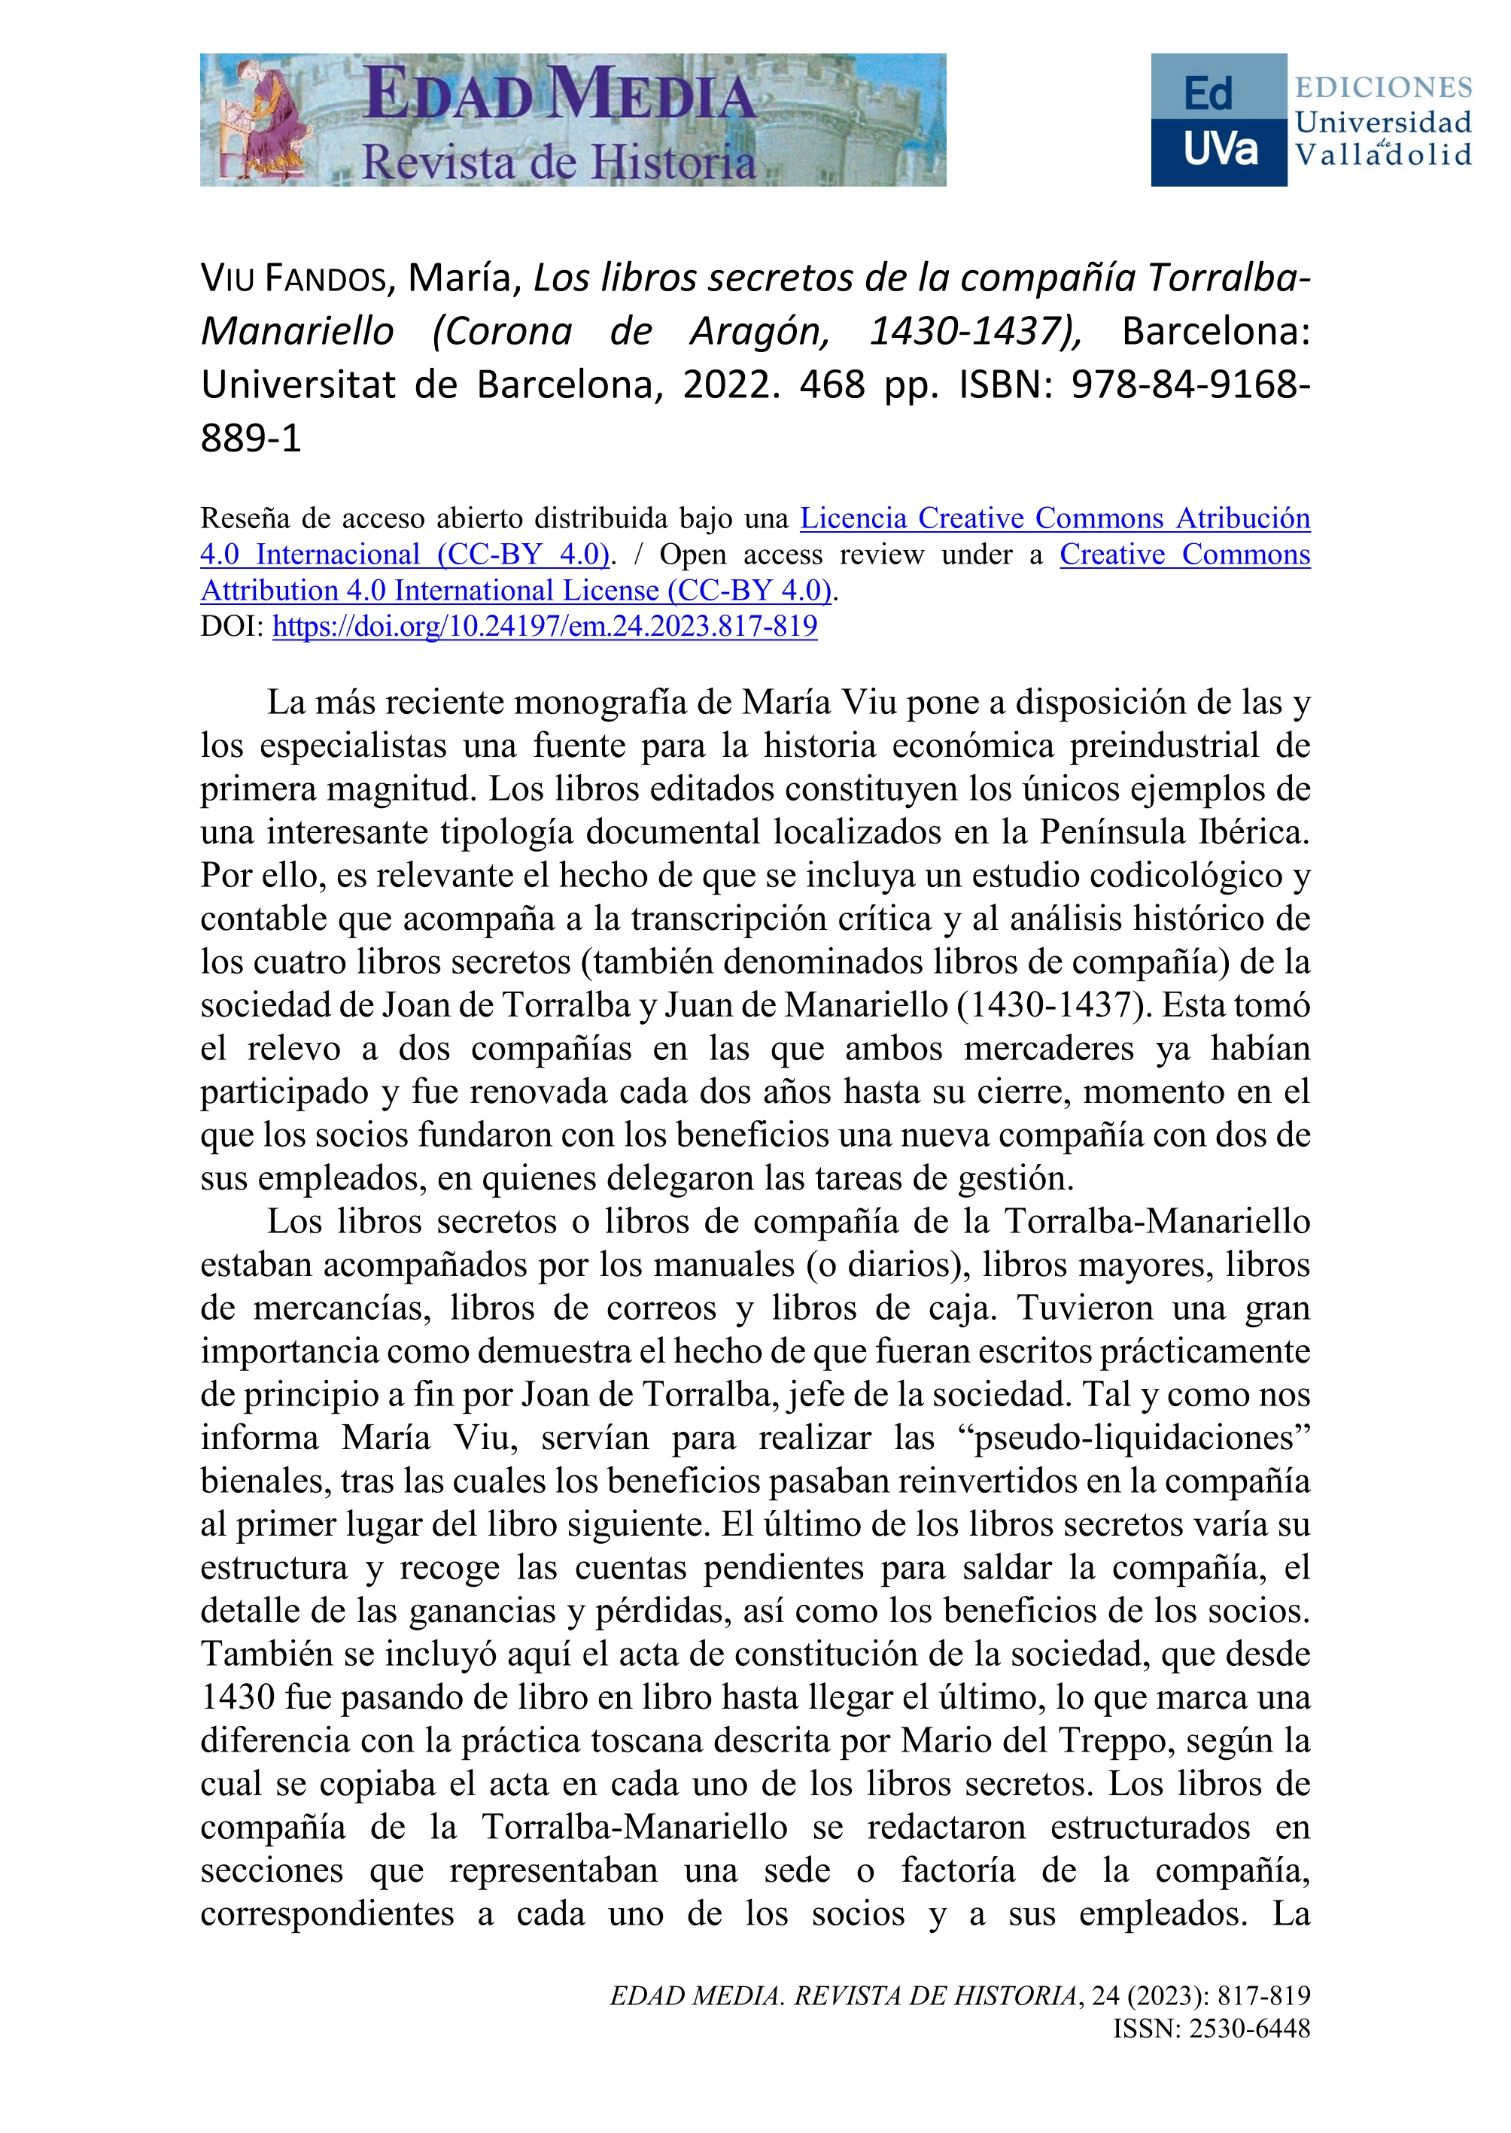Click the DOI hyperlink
[544, 626]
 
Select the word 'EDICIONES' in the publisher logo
[1384, 87]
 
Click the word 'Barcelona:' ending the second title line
[1215, 331]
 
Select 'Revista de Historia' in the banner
[558, 162]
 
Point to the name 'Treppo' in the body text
[1165, 1740]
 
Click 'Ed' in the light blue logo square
[1208, 94]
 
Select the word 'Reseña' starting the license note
[242, 518]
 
